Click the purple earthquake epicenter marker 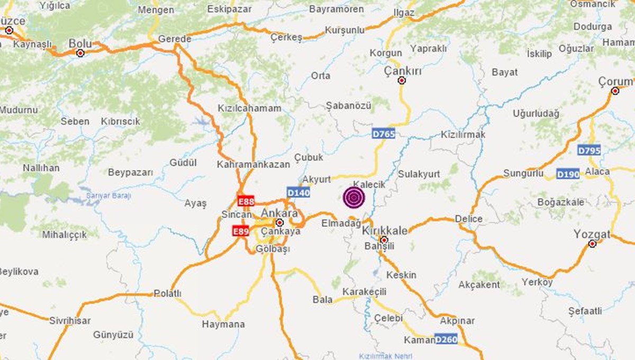(x=354, y=197)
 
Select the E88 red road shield (x=246, y=201)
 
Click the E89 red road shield (x=241, y=231)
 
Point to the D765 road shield (x=384, y=134)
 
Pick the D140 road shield (x=298, y=193)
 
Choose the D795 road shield (x=589, y=150)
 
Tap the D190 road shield (x=568, y=174)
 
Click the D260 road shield (x=446, y=339)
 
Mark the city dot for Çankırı (x=402, y=80)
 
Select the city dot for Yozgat (x=593, y=244)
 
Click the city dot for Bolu (x=80, y=53)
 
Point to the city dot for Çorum (x=615, y=91)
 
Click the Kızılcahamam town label (x=249, y=108)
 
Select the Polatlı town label (x=167, y=293)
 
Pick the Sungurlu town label (x=523, y=173)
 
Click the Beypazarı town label (x=130, y=172)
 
